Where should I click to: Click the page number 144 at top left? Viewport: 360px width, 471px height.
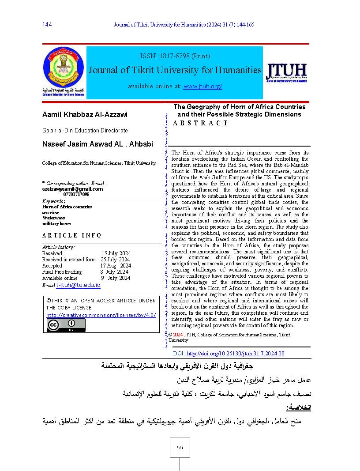47,25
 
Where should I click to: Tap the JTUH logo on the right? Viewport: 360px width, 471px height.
286,72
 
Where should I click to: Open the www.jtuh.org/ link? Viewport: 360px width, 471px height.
202,86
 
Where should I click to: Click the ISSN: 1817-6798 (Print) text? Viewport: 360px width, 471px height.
174,56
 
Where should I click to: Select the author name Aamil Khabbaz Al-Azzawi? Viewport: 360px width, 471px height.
84,115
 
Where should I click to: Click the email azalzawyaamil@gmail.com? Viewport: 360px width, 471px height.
72,188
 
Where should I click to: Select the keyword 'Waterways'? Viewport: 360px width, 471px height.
53,218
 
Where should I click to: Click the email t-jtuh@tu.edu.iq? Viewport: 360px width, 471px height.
79,285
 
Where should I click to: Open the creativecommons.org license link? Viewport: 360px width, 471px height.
101,315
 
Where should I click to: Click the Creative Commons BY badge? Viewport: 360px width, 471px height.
66,325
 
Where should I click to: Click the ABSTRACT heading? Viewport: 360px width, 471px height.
201,123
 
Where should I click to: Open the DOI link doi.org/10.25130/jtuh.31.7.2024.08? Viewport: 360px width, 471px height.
236,354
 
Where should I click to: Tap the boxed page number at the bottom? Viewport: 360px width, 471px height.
179,447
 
